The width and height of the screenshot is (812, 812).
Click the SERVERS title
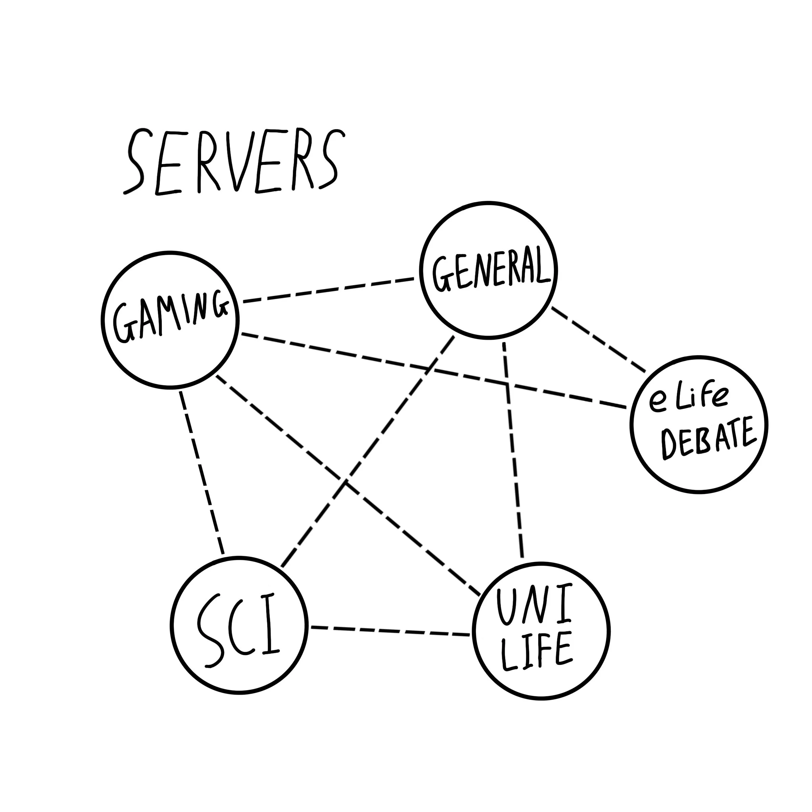233,162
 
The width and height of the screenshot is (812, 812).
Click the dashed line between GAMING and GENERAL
328,290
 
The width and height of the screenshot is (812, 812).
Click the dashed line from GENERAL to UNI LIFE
513,450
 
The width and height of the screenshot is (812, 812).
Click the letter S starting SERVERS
137,162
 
